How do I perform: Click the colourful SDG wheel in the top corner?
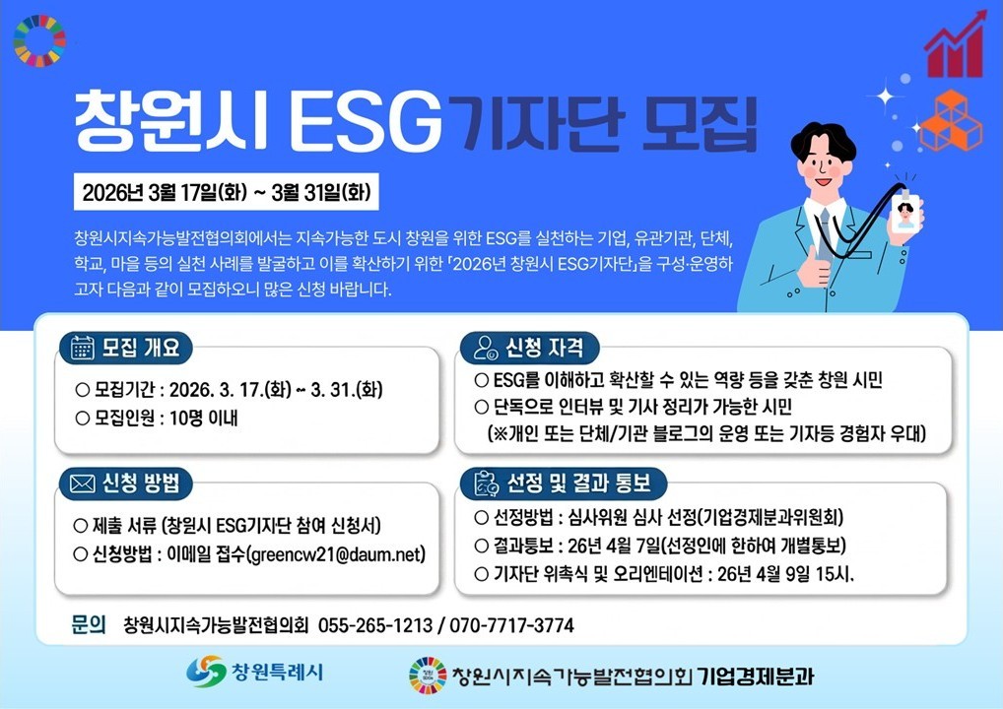click(39, 41)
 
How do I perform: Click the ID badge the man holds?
click(905, 212)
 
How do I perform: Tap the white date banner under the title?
click(227, 192)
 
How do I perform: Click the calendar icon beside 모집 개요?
click(82, 349)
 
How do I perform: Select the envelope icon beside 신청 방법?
click(82, 483)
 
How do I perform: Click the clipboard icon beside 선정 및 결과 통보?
click(486, 483)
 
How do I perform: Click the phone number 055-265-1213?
click(374, 624)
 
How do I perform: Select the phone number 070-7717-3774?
click(511, 624)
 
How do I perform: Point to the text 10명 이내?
click(203, 419)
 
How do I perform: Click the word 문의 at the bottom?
click(89, 624)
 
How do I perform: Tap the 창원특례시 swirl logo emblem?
click(206, 672)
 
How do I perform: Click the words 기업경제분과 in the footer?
click(755, 676)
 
